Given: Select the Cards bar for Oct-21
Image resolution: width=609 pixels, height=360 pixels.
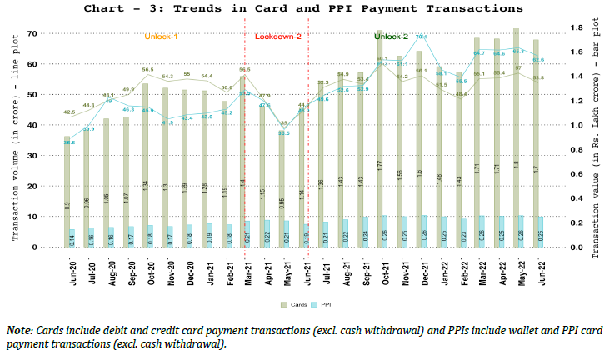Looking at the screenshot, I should coord(379,142).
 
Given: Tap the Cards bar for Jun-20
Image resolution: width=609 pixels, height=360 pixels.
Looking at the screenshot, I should coord(67,192).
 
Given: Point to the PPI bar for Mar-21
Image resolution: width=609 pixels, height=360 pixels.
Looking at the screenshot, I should coord(248,234).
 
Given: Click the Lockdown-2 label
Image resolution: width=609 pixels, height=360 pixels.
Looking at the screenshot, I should coord(277,37).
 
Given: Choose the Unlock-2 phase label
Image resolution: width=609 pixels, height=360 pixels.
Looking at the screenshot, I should coord(391,37).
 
